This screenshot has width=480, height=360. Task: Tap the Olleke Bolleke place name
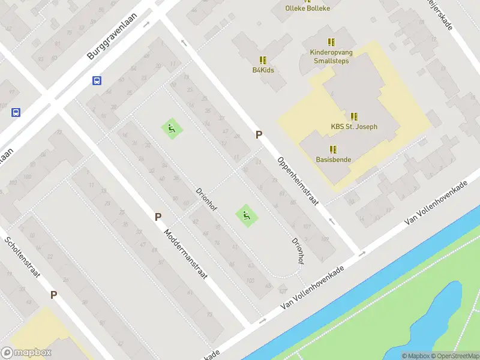[308, 8]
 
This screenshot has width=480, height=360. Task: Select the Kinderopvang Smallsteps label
[331, 57]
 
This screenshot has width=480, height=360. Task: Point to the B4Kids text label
[263, 70]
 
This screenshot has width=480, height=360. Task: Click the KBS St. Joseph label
[354, 127]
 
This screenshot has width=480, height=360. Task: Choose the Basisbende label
[334, 160]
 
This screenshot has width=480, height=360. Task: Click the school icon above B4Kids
[263, 60]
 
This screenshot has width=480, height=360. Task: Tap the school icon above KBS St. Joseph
[354, 116]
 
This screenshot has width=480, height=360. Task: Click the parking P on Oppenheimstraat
[259, 135]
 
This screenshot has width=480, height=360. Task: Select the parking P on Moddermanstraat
[158, 217]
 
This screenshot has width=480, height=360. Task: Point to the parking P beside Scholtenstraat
[53, 295]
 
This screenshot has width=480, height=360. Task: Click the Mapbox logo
[26, 353]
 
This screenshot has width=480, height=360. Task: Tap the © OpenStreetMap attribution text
[455, 356]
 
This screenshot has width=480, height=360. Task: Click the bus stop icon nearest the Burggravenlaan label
[97, 80]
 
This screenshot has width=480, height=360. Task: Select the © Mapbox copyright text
[415, 356]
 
